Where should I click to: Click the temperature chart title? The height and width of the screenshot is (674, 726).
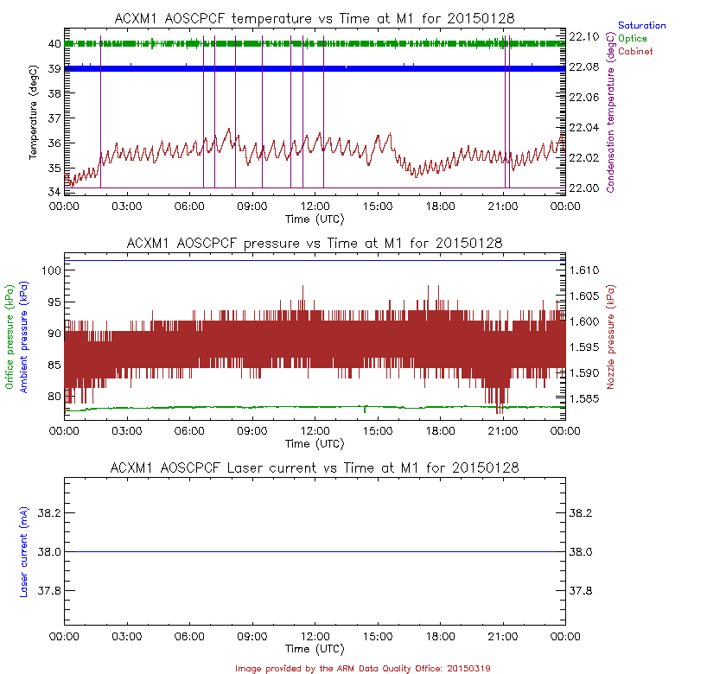315,19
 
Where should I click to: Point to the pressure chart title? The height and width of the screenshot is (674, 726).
315,243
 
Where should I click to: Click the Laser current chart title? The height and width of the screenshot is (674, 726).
315,467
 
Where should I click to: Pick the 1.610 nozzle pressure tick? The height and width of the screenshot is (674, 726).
586,270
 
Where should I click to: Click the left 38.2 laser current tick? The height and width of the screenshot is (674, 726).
48,513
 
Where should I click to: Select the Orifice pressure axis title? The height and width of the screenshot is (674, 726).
10,337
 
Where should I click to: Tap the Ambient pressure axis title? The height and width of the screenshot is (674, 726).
23,337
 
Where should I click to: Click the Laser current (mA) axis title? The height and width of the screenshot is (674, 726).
23,551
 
